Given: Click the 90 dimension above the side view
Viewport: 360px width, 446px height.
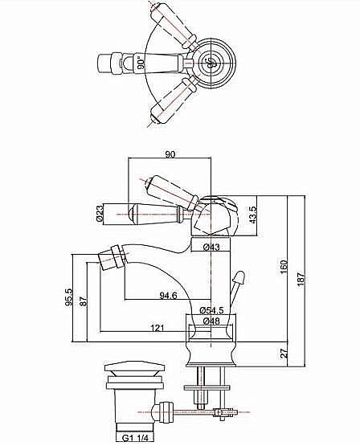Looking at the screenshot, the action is (170, 154).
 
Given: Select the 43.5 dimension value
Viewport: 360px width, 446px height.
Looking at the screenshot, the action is (253, 215).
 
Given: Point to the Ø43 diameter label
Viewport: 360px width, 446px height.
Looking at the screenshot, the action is (211, 248).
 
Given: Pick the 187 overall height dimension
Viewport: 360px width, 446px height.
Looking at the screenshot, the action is (301, 279).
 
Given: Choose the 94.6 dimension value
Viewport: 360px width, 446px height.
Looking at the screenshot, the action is (168, 296).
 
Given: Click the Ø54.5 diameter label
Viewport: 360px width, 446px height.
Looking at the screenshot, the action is (211, 309).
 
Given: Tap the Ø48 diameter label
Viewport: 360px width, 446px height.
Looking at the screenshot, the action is (211, 321).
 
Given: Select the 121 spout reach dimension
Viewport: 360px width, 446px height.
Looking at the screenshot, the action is (157, 328).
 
